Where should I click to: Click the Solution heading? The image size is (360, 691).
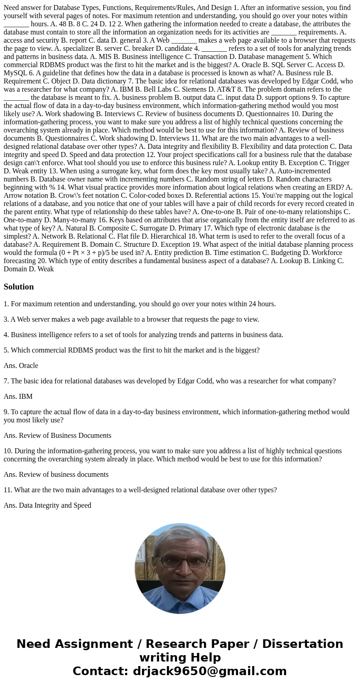tap(19, 287)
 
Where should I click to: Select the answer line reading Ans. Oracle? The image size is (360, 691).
tap(21, 366)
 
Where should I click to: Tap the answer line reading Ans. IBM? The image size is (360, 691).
tap(18, 397)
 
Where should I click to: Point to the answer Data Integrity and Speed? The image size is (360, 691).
tap(55, 505)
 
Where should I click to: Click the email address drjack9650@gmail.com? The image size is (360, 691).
tap(209, 671)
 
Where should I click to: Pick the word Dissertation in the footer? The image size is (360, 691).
tap(302, 644)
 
